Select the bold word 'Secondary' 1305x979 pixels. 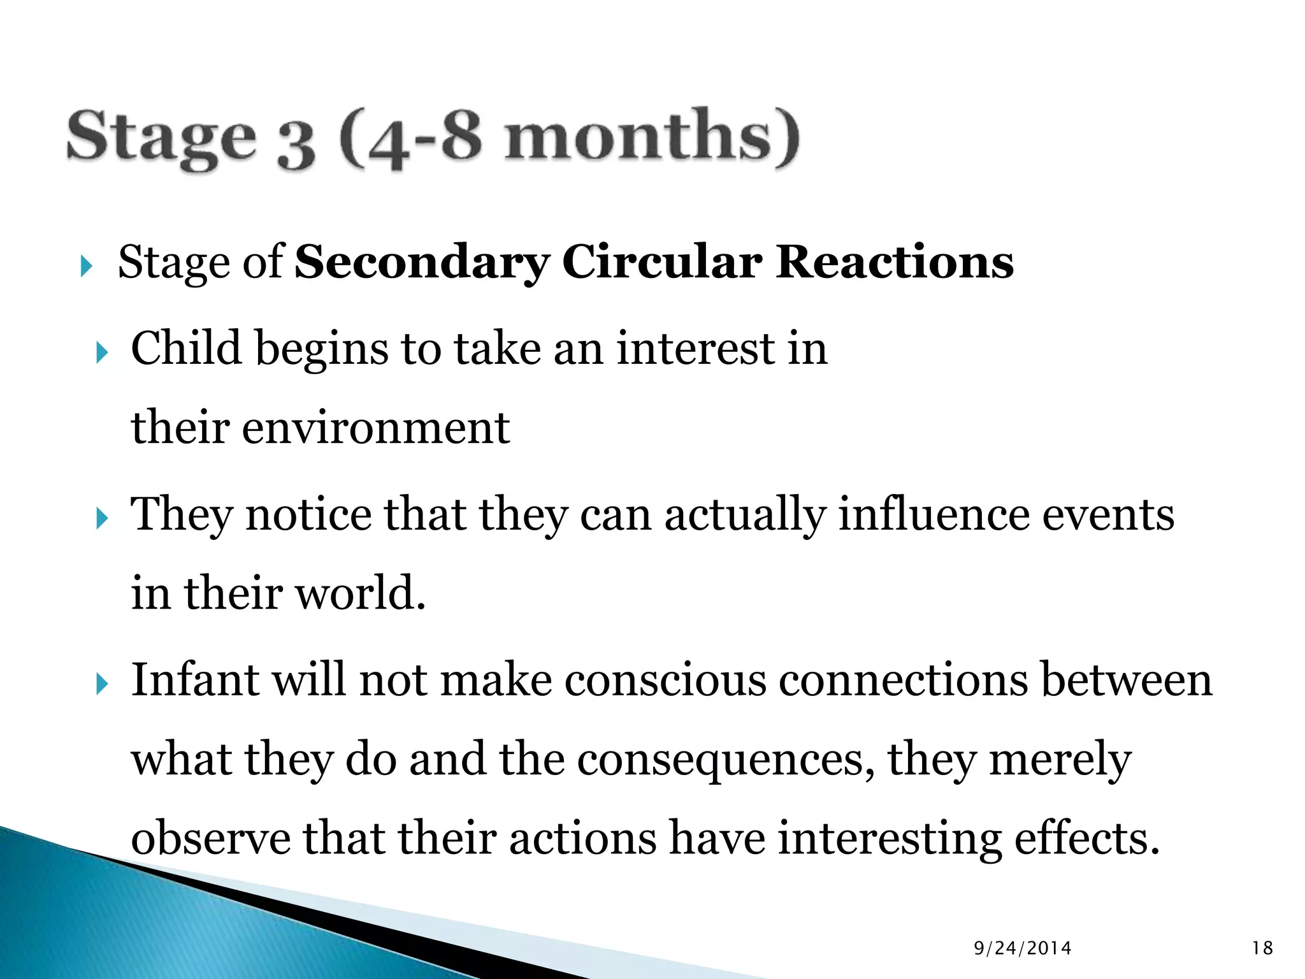421,263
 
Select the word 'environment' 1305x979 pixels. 376,427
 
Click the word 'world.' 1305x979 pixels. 361,593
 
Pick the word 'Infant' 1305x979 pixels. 195,679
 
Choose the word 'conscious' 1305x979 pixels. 665,679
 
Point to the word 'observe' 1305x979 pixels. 210,838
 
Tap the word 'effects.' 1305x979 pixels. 1086,838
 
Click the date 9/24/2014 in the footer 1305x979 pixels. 1023,948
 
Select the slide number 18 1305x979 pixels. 1262,948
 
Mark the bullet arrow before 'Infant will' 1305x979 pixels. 102,685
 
